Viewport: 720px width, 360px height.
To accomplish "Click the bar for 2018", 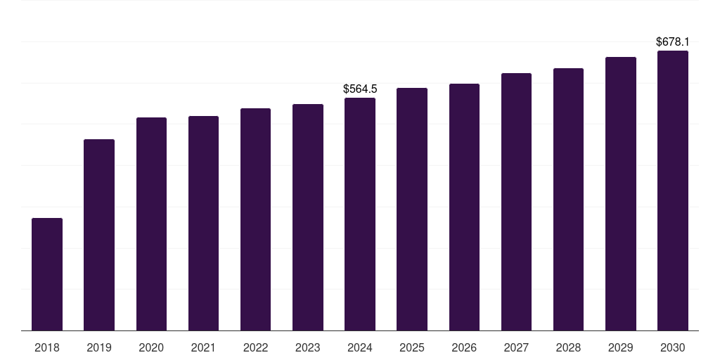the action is coord(47,274).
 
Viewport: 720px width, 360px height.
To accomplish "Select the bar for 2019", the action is coord(99,235).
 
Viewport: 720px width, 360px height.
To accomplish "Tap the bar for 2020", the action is coord(152,224).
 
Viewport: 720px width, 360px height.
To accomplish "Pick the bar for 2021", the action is coord(203,223).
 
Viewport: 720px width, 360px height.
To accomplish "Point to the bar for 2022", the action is coord(255,219).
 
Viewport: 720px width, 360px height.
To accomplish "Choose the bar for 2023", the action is coord(308,217).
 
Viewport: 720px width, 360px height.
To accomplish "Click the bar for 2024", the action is coord(360,214).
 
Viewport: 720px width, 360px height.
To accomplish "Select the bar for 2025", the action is coord(412,209).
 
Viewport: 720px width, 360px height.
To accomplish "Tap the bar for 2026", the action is coord(464,207).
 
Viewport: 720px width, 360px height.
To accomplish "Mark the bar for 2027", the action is coord(517,202).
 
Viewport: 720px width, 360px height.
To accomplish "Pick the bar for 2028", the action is coord(568,199).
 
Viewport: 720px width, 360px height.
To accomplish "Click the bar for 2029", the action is coord(621,194).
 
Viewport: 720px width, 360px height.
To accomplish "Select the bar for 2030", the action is coord(673,191).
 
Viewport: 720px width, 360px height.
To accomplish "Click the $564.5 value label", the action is coord(360,89).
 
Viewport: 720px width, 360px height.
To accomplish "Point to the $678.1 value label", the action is coord(673,42).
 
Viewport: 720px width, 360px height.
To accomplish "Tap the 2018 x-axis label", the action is coord(47,348).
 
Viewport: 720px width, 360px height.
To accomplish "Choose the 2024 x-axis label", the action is coord(360,348).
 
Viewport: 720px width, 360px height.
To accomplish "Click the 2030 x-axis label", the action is coord(673,348).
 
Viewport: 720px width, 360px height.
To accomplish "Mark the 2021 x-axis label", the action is coord(203,348).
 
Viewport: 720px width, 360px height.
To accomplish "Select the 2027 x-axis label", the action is coord(517,348).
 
